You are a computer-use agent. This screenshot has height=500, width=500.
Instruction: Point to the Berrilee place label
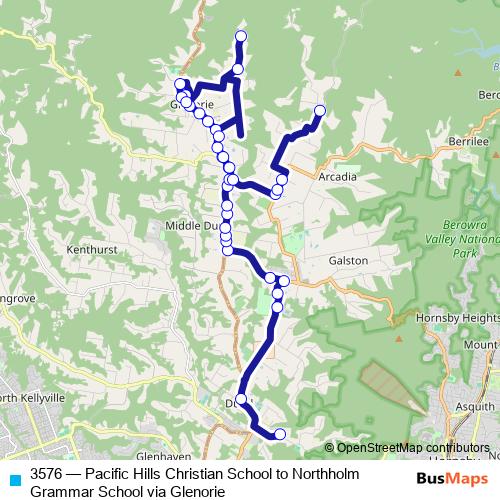tap(466, 143)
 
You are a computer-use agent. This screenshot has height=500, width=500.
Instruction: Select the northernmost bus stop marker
tap(240, 37)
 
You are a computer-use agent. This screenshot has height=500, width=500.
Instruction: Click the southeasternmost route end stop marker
tap(280, 434)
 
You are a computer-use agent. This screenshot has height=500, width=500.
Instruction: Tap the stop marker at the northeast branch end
tap(320, 110)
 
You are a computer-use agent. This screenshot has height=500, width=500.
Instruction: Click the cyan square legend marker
tap(14, 479)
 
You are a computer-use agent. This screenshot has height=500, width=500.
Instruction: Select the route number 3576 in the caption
tap(50, 475)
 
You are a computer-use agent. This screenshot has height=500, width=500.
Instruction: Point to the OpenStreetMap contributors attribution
tap(409, 448)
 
